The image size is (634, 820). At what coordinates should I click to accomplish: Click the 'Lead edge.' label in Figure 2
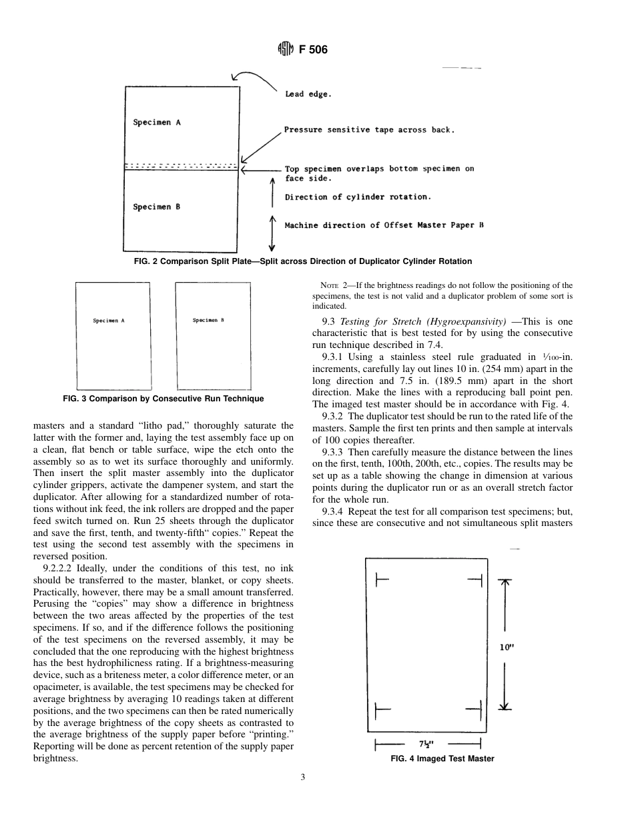(308, 95)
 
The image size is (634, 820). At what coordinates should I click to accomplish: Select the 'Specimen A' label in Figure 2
(157, 123)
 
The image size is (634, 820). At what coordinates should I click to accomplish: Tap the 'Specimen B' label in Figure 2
(157, 207)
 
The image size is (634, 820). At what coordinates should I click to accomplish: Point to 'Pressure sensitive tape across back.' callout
(369, 130)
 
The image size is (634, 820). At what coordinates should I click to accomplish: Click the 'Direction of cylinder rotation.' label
(358, 197)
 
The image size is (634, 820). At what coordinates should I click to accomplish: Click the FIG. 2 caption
(303, 261)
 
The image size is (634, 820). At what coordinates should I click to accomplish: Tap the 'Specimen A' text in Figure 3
(109, 321)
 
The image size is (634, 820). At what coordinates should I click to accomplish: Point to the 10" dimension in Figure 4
(507, 646)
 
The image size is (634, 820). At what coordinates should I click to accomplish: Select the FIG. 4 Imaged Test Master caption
(442, 759)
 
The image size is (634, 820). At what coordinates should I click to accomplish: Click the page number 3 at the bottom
(303, 777)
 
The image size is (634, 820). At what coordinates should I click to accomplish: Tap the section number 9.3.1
(333, 357)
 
